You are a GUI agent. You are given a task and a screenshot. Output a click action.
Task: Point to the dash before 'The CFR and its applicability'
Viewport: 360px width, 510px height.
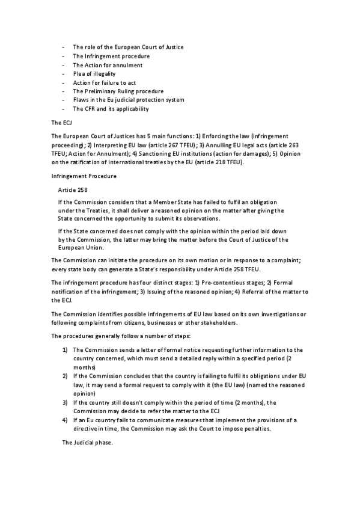click(63, 109)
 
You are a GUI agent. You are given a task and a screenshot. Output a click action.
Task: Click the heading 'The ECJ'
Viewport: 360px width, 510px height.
click(61, 122)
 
